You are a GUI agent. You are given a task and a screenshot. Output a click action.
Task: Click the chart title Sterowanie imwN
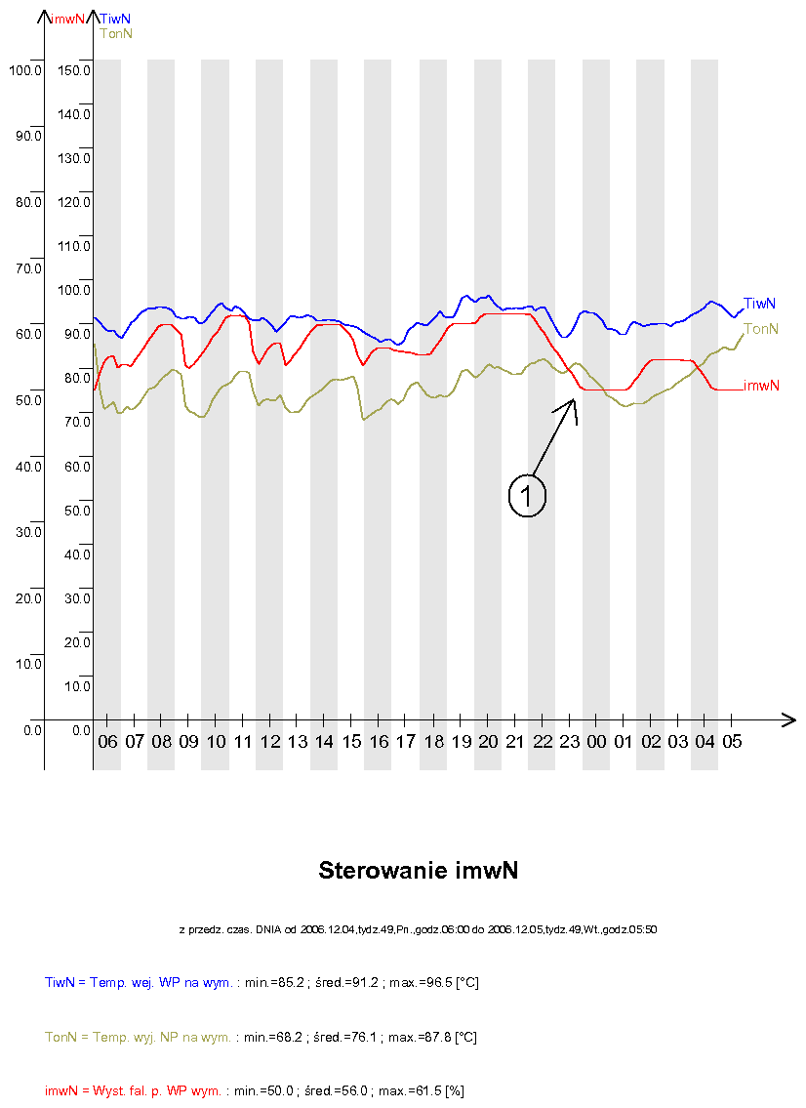coord(418,871)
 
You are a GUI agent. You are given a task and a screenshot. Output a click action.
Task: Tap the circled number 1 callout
coord(527,496)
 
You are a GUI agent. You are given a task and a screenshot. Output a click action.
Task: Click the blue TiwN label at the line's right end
coord(759,304)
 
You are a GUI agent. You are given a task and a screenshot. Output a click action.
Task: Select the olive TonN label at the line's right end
coord(761,329)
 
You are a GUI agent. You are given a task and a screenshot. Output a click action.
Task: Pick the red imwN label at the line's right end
coord(761,386)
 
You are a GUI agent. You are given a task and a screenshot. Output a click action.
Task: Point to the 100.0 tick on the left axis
coord(23,69)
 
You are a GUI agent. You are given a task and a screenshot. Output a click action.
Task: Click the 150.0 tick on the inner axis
coord(74,70)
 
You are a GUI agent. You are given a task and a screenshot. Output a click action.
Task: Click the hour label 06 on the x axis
coord(107,742)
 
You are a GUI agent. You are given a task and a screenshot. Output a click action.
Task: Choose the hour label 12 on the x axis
coord(270,742)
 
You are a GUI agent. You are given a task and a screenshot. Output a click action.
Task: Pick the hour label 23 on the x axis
coord(569,742)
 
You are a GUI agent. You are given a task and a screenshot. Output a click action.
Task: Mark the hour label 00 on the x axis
coord(596,742)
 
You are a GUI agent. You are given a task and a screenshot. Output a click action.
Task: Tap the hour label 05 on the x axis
coord(732,742)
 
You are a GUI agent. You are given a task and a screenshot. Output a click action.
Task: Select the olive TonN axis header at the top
coord(116,33)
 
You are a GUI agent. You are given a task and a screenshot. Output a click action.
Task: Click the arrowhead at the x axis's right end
coord(788,720)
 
